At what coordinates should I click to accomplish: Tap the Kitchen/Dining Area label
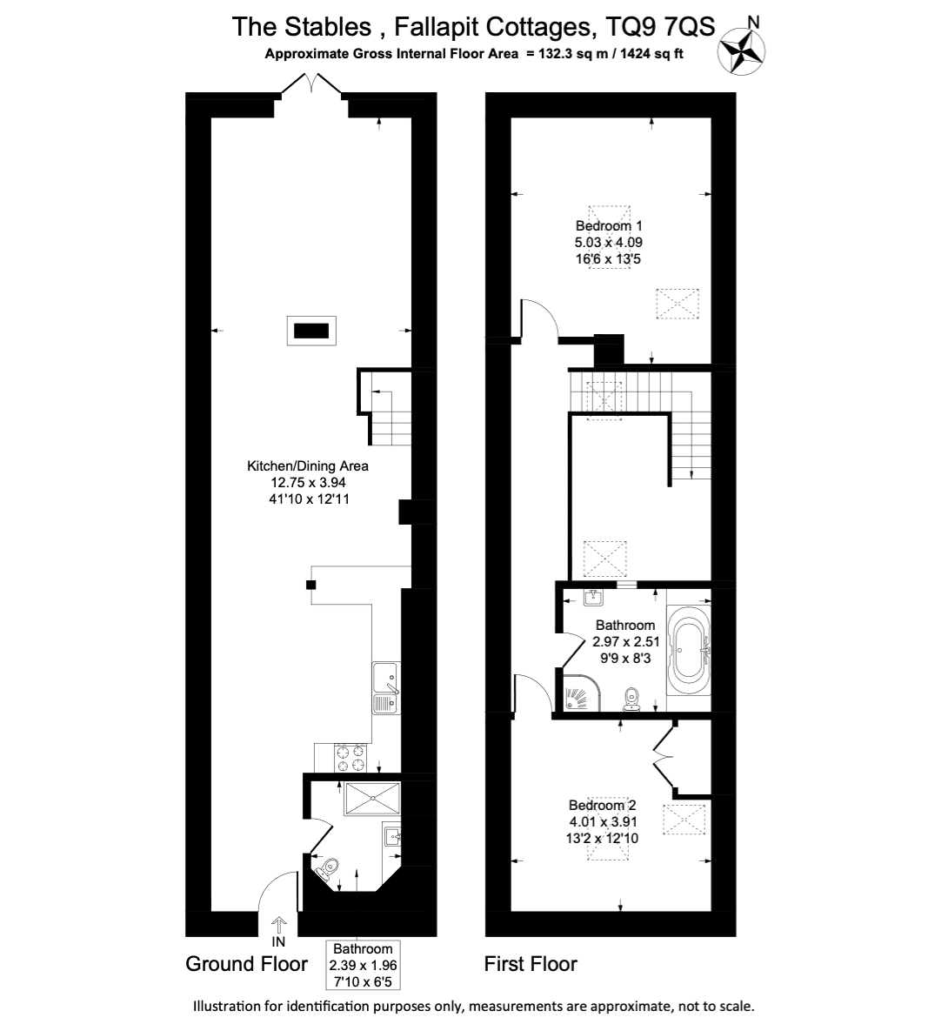pos(308,466)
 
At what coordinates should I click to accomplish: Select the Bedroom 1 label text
pos(609,225)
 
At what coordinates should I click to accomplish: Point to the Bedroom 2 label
pos(602,805)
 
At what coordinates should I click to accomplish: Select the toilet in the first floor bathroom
pos(632,699)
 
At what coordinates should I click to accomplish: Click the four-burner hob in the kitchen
pos(351,758)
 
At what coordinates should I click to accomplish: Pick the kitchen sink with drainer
pos(386,688)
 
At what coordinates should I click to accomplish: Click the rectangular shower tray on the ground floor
pos(371,798)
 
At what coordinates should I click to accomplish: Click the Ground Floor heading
pos(246,963)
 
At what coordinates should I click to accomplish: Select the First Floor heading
pos(531,964)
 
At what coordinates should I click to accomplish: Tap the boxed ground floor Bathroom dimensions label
pos(363,965)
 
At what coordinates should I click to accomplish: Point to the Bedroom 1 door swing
pos(540,320)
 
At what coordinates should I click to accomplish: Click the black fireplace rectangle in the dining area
pos(311,331)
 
